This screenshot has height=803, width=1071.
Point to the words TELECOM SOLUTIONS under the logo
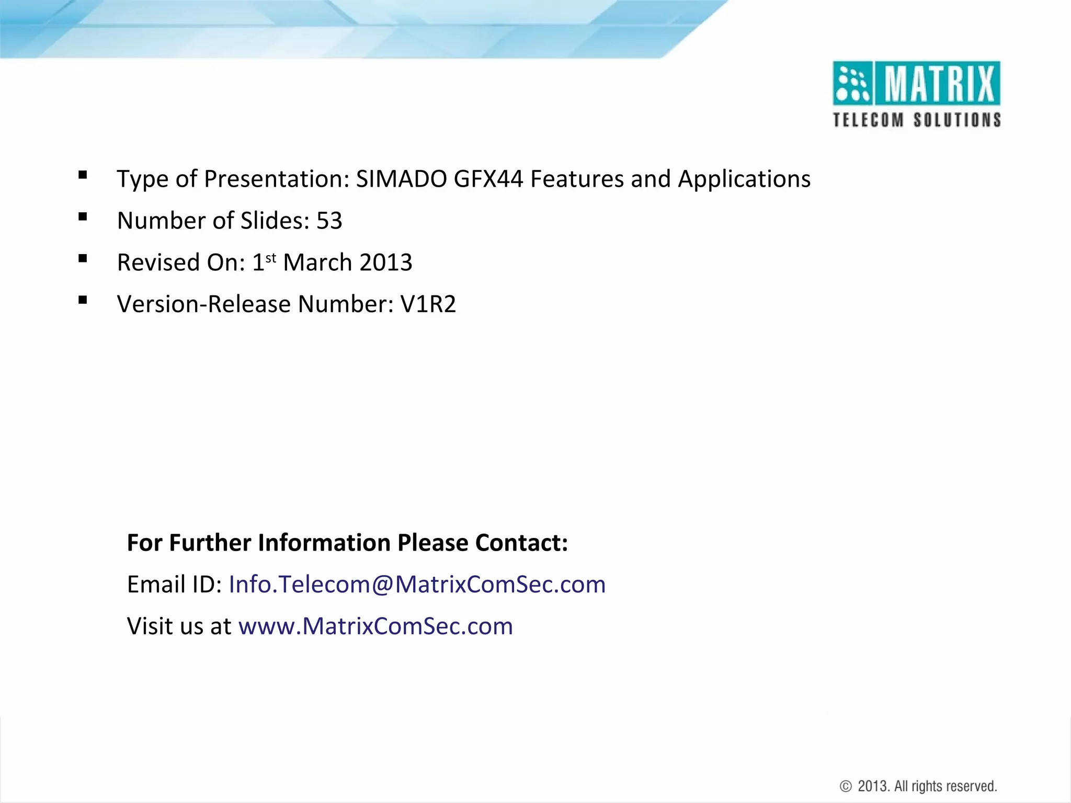[917, 120]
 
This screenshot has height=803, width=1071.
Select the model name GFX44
[488, 179]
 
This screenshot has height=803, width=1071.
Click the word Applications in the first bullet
[744, 179]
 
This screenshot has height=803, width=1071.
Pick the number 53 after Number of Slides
[329, 221]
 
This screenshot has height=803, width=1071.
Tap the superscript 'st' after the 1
[271, 258]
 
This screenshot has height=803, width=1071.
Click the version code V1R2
[428, 304]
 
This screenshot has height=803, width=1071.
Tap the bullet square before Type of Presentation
[83, 175]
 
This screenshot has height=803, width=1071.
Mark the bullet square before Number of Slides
[83, 217]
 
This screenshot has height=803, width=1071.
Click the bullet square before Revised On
[83, 258]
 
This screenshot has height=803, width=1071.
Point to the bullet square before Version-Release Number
[83, 300]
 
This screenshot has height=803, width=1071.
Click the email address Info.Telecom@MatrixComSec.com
[417, 584]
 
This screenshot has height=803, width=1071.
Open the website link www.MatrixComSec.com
[375, 626]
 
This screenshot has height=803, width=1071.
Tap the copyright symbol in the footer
[846, 786]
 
